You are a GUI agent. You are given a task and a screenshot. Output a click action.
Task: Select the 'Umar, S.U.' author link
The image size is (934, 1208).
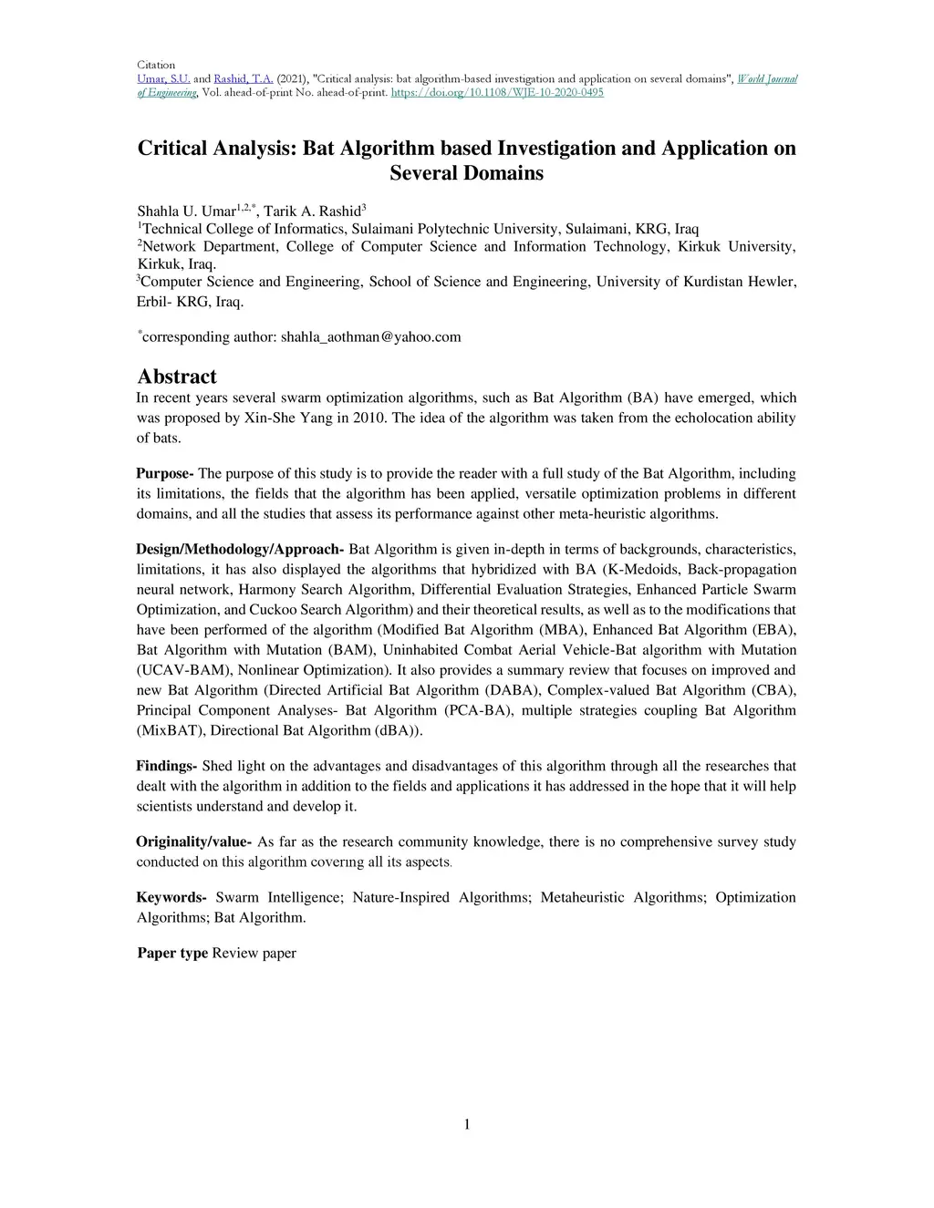tap(163, 79)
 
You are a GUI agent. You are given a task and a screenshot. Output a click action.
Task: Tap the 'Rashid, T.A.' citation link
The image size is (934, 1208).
tap(244, 79)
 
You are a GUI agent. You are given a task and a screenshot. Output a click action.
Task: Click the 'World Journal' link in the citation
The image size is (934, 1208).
tap(767, 79)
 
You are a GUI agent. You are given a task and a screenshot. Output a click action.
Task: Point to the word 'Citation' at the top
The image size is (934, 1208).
tap(155, 66)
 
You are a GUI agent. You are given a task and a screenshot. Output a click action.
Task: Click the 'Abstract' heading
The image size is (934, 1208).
tap(177, 377)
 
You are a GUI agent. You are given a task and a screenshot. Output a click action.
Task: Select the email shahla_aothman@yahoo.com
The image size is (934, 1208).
tap(370, 337)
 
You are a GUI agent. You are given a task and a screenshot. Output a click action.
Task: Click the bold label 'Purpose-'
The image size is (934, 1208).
tap(165, 473)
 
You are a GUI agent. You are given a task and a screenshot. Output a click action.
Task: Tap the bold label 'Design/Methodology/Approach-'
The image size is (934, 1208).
tap(240, 549)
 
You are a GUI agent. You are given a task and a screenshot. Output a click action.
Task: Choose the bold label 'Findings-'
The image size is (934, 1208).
tap(167, 766)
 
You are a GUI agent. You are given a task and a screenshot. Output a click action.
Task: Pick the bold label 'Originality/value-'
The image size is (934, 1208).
tap(194, 841)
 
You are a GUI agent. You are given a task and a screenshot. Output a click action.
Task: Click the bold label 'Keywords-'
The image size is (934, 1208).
tap(171, 897)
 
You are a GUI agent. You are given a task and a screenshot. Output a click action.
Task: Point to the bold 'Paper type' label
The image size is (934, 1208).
tap(173, 954)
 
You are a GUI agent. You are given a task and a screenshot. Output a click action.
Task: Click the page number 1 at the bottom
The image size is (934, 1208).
tap(467, 1124)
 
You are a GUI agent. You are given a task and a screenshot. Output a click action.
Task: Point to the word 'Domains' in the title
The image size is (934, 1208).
tap(466, 173)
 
